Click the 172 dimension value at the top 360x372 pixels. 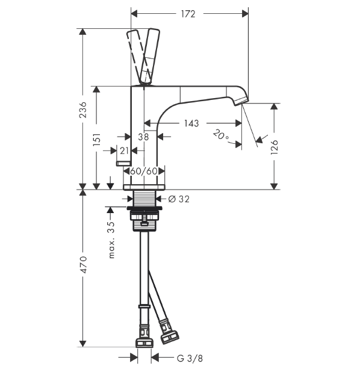pyautogui.click(x=188, y=14)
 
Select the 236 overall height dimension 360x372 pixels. pyautogui.click(x=83, y=110)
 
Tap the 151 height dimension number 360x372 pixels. pyautogui.click(x=97, y=139)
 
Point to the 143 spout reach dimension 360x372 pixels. pyautogui.click(x=191, y=123)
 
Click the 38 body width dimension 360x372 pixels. pyautogui.click(x=143, y=137)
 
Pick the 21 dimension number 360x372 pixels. pyautogui.click(x=124, y=150)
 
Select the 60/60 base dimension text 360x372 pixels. pyautogui.click(x=144, y=171)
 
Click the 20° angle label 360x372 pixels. pyautogui.click(x=221, y=135)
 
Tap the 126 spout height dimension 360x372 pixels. pyautogui.click(x=274, y=147)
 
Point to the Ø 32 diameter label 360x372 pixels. pyautogui.click(x=179, y=199)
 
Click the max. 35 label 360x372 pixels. pyautogui.click(x=111, y=240)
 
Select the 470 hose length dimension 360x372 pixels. pyautogui.click(x=84, y=264)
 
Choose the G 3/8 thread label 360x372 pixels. pyautogui.click(x=190, y=358)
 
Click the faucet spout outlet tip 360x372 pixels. pyautogui.click(x=241, y=101)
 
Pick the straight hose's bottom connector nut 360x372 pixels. pyautogui.click(x=144, y=343)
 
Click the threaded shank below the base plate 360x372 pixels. pyautogui.click(x=144, y=198)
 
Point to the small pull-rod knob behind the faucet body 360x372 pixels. pyautogui.click(x=123, y=163)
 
